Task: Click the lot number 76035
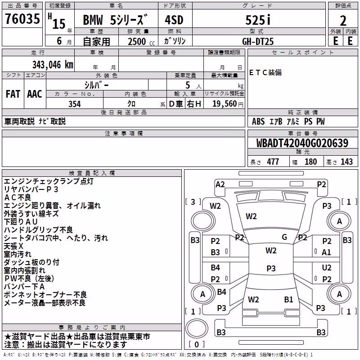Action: point(22,19)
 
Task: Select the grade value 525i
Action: point(258,20)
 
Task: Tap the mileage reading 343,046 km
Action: point(53,65)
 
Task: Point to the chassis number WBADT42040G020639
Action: point(302,143)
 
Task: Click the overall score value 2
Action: point(343,21)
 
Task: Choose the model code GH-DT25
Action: point(258,41)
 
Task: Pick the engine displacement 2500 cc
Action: point(141,41)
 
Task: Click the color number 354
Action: point(75,104)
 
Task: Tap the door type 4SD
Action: point(174,20)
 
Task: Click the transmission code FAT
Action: point(13,94)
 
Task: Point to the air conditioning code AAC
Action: point(35,94)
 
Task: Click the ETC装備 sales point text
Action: point(265,72)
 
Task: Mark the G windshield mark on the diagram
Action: point(284,237)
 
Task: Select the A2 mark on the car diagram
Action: point(220,184)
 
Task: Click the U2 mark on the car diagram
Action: point(327,268)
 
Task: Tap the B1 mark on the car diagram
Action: point(288,300)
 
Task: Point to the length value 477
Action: point(273,162)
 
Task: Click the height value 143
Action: point(346,162)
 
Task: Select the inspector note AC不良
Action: point(18,198)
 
